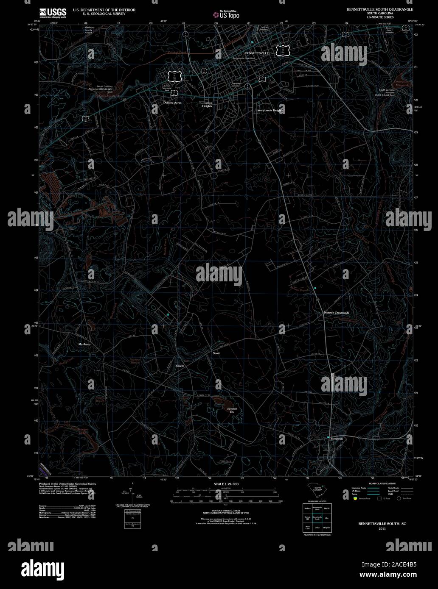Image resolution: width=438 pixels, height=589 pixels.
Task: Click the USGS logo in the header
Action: (53, 13)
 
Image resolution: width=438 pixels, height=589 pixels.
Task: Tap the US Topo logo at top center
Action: (227, 14)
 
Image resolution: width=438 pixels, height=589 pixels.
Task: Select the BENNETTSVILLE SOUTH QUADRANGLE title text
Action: (380, 9)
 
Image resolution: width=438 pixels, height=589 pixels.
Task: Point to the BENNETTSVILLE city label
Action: (257, 53)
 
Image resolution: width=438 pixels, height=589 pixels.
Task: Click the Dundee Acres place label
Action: (173, 103)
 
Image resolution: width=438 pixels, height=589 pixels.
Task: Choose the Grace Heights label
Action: (208, 104)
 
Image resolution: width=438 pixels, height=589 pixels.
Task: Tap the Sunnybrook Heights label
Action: (270, 110)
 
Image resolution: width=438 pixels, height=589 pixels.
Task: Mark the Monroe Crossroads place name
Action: (337, 313)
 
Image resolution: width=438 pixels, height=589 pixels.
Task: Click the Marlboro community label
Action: (84, 345)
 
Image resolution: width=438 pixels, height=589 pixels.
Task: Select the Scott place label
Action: (216, 353)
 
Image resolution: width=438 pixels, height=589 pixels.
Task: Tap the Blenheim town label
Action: (337, 439)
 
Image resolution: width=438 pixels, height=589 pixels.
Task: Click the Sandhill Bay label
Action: (230, 410)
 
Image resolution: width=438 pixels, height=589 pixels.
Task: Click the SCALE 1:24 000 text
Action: (226, 484)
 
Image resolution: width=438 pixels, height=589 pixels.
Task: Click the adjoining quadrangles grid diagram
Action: (317, 517)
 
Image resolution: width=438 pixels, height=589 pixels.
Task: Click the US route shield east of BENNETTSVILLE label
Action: (283, 51)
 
